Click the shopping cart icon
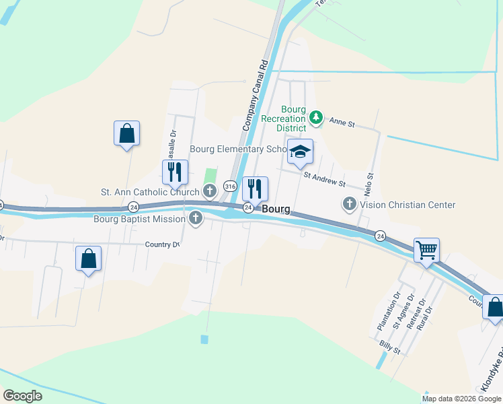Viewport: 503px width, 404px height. pos(427,250)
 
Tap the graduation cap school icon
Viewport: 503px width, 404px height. pos(300,151)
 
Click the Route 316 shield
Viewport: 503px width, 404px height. pos(230,186)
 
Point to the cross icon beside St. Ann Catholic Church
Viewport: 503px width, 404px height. pos(210,192)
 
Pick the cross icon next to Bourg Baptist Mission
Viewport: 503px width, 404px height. pos(196,218)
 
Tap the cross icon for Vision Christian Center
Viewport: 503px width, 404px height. pos(349,204)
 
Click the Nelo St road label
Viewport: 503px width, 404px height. pos(370,184)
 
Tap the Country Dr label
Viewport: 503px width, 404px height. pos(163,244)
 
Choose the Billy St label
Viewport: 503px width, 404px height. pos(389,347)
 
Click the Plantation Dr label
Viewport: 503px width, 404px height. pos(389,310)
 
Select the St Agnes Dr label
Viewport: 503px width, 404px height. pos(402,313)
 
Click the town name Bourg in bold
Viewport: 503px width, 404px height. pos(276,209)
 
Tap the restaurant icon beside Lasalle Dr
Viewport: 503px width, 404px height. pos(174,172)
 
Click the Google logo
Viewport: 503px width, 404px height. pos(23,396)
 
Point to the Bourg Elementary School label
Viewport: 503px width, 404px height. pos(239,149)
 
